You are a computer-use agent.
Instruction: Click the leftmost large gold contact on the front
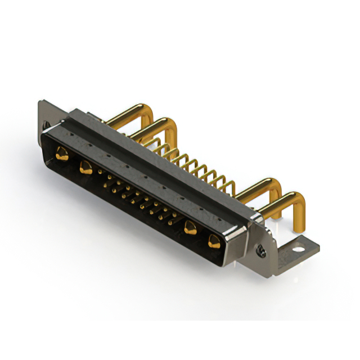[61, 152]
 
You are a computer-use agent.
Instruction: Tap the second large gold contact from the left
[86, 166]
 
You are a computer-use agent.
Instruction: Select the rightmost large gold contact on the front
[214, 242]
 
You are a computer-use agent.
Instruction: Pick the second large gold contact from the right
[190, 228]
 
